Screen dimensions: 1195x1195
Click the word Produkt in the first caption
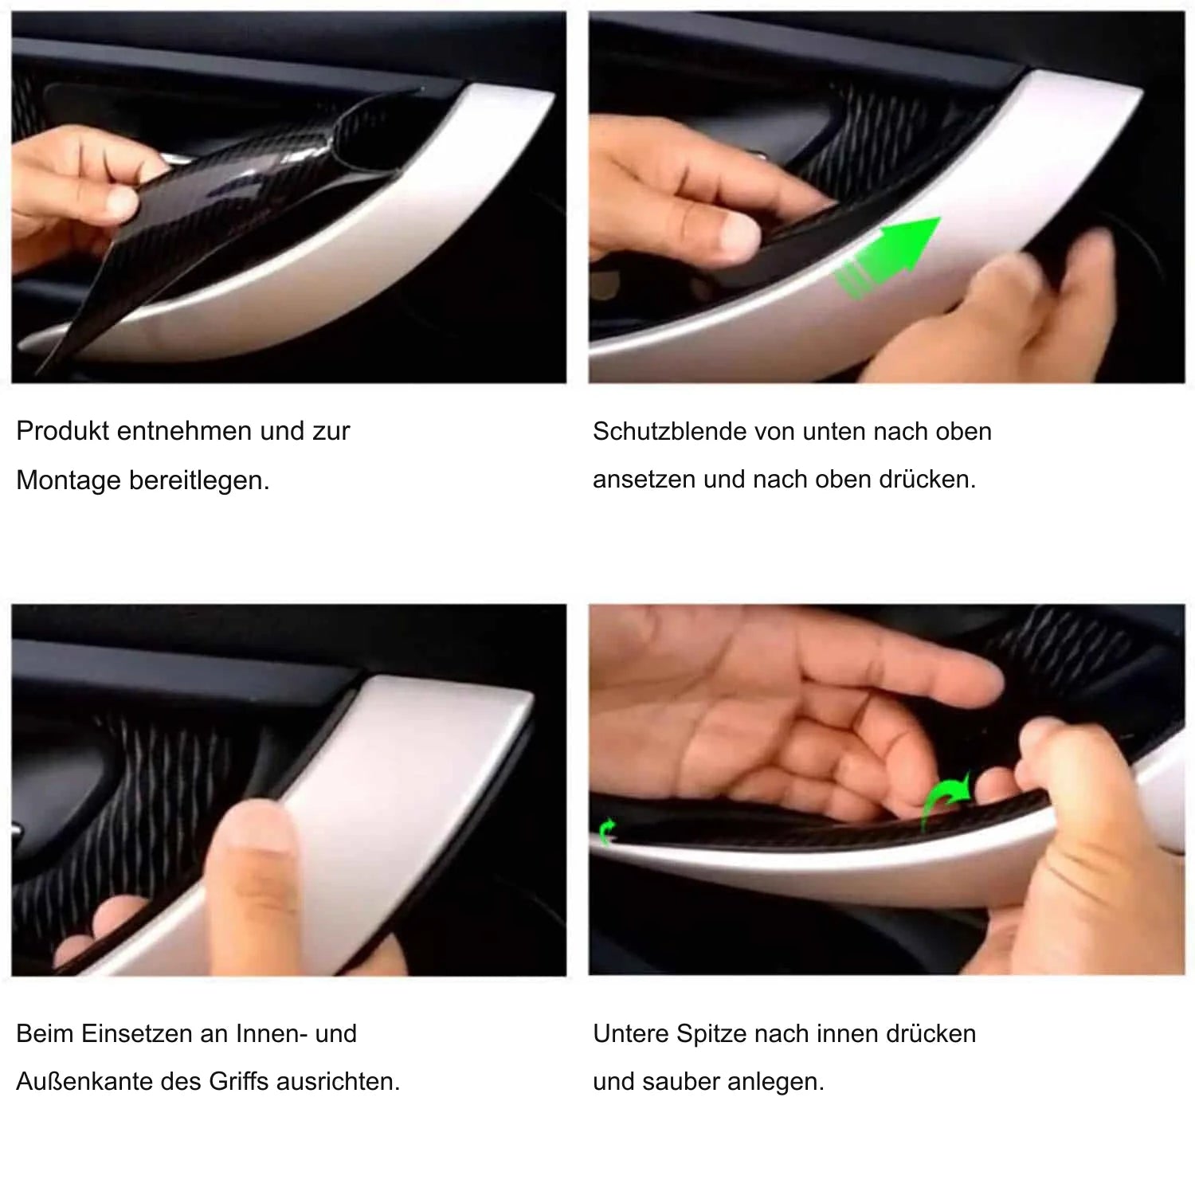[x=62, y=431]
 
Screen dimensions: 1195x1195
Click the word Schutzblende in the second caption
[x=670, y=431]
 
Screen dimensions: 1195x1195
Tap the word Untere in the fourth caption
[x=631, y=1033]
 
